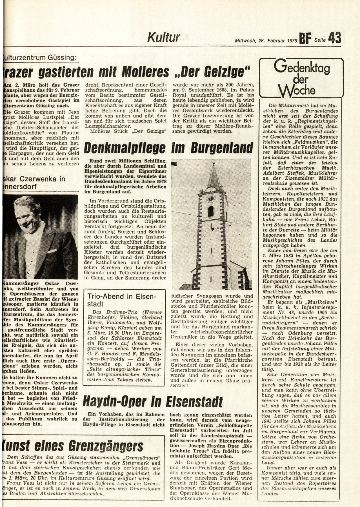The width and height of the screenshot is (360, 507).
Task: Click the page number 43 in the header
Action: click(x=334, y=38)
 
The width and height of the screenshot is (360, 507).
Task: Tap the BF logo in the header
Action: click(x=306, y=39)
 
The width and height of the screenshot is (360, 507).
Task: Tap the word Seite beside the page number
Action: click(x=320, y=40)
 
